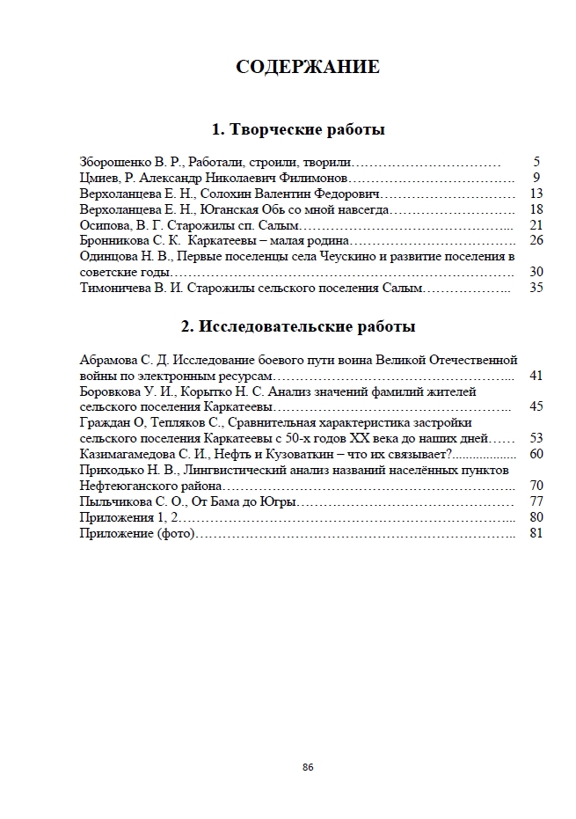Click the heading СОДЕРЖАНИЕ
308,67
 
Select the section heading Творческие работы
299,130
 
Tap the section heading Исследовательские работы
298,326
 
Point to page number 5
536,163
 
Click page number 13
536,194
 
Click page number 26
536,241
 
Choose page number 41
536,376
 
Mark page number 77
536,501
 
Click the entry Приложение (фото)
135,533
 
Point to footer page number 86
308,767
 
